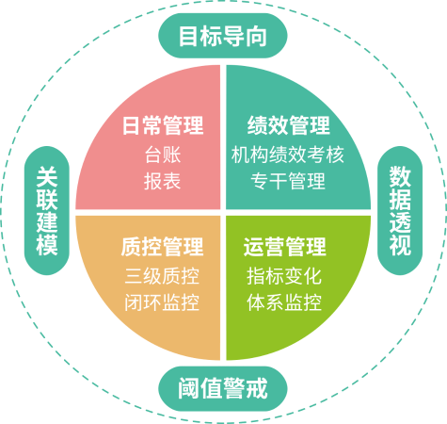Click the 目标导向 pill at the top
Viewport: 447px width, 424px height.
[x=223, y=36]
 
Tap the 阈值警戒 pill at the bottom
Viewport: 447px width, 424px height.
[x=223, y=389]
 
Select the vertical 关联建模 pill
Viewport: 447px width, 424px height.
[x=47, y=210]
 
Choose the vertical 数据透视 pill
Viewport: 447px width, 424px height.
[x=400, y=210]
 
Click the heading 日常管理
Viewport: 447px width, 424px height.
[x=163, y=125]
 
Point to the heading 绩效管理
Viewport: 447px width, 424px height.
[x=289, y=125]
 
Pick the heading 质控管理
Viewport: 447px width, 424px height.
[x=162, y=247]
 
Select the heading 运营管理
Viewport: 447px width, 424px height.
[x=285, y=247]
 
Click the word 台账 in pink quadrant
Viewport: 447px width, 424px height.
[x=163, y=155]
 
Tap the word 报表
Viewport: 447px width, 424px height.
[x=163, y=181]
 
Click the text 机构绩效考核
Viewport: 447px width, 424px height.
[x=288, y=155]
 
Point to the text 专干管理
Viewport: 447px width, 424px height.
[x=288, y=181]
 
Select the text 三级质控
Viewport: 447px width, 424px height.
[x=162, y=276]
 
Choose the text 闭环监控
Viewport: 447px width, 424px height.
[x=162, y=302]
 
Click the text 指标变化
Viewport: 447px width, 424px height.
[x=284, y=276]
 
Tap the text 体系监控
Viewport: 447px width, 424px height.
[x=284, y=302]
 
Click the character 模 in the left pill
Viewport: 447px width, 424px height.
[x=47, y=244]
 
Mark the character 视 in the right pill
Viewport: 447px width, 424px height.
[x=400, y=244]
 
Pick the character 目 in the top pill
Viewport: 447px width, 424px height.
[x=189, y=36]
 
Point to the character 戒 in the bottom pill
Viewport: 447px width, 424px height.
[x=257, y=389]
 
